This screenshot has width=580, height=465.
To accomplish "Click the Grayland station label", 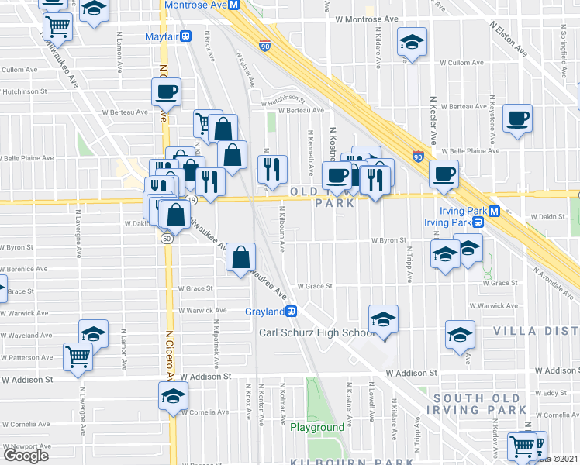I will [x=264, y=312].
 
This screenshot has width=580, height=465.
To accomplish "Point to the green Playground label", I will [x=317, y=428].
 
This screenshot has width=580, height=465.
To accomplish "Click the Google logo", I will [x=26, y=456].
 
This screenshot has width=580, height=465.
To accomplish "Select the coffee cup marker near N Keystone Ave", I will [x=517, y=119].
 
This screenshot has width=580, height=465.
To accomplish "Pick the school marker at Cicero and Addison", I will [x=172, y=396].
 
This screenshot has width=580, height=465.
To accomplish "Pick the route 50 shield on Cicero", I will [x=167, y=239].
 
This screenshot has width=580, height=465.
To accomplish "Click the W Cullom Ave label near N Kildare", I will [x=457, y=62].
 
